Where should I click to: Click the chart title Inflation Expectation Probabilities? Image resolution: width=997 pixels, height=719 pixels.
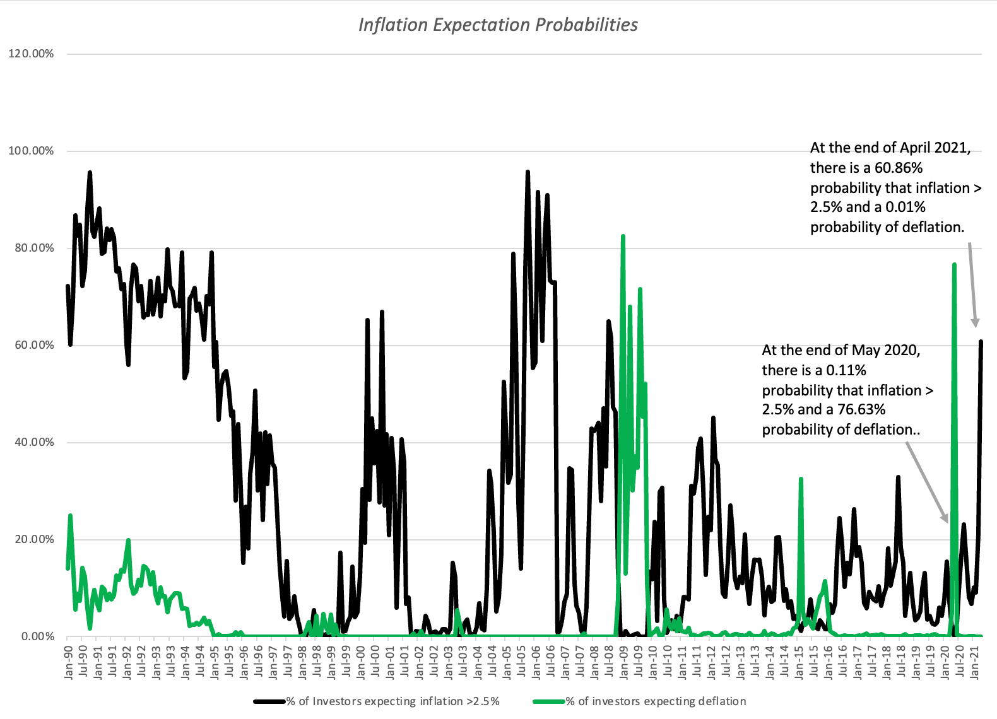point(498,25)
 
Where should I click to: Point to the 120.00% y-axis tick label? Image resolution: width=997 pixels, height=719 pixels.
point(31,54)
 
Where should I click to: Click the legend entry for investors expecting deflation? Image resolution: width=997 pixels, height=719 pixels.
point(655,701)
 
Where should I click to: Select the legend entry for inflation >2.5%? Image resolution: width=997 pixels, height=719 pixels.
point(392,701)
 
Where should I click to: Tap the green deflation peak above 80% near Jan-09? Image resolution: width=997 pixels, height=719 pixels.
point(623,237)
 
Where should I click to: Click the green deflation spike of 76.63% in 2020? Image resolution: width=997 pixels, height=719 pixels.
point(954,265)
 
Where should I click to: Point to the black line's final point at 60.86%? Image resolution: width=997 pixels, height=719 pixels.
point(981,341)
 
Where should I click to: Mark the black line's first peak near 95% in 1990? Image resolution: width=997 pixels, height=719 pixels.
point(90,172)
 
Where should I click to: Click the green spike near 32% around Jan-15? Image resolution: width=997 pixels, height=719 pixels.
point(801,479)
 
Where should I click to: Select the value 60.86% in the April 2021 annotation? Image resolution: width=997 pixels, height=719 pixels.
point(899,168)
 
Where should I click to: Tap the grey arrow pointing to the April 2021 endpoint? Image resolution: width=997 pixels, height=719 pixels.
point(972,284)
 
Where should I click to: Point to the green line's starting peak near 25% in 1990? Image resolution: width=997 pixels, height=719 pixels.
point(70,515)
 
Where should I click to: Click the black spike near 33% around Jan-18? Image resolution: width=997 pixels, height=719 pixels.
point(898,477)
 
